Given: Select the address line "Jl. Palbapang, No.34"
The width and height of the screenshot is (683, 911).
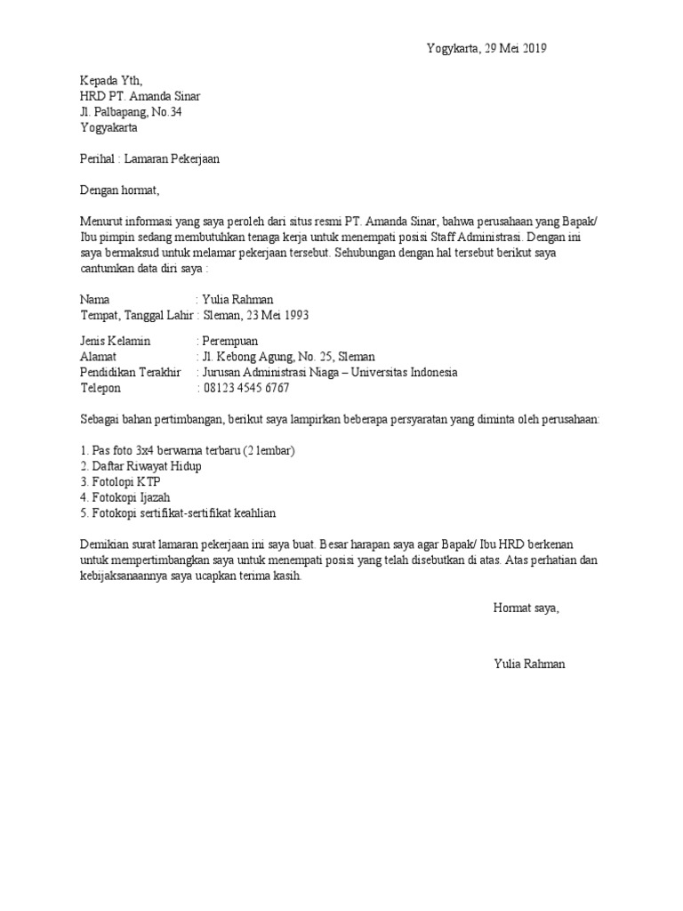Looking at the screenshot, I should click(x=132, y=111).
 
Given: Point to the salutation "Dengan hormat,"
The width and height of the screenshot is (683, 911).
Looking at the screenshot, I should click(x=119, y=189).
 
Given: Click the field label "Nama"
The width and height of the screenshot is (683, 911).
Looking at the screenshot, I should click(x=94, y=300).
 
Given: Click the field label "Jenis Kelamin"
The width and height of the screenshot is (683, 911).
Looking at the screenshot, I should click(x=116, y=341).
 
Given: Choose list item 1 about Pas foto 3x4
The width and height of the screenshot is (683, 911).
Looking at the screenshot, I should click(x=187, y=450).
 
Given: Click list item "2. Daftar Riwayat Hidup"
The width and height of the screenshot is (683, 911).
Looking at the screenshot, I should click(x=141, y=466).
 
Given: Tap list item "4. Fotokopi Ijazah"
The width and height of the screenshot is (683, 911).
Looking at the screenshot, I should click(x=125, y=497).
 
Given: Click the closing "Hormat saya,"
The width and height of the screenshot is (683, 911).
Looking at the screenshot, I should click(x=526, y=609).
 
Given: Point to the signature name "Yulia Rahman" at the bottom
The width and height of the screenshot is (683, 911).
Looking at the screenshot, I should click(x=528, y=665).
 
